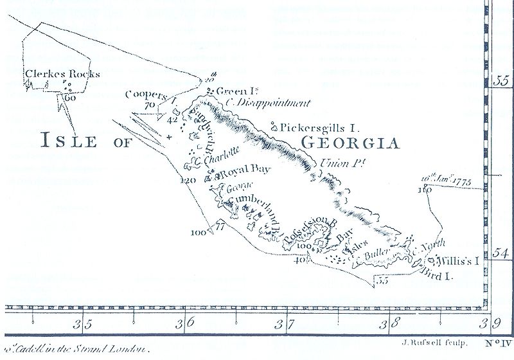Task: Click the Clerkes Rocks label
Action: click(62, 74)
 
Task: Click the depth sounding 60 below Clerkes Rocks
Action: click(70, 98)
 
